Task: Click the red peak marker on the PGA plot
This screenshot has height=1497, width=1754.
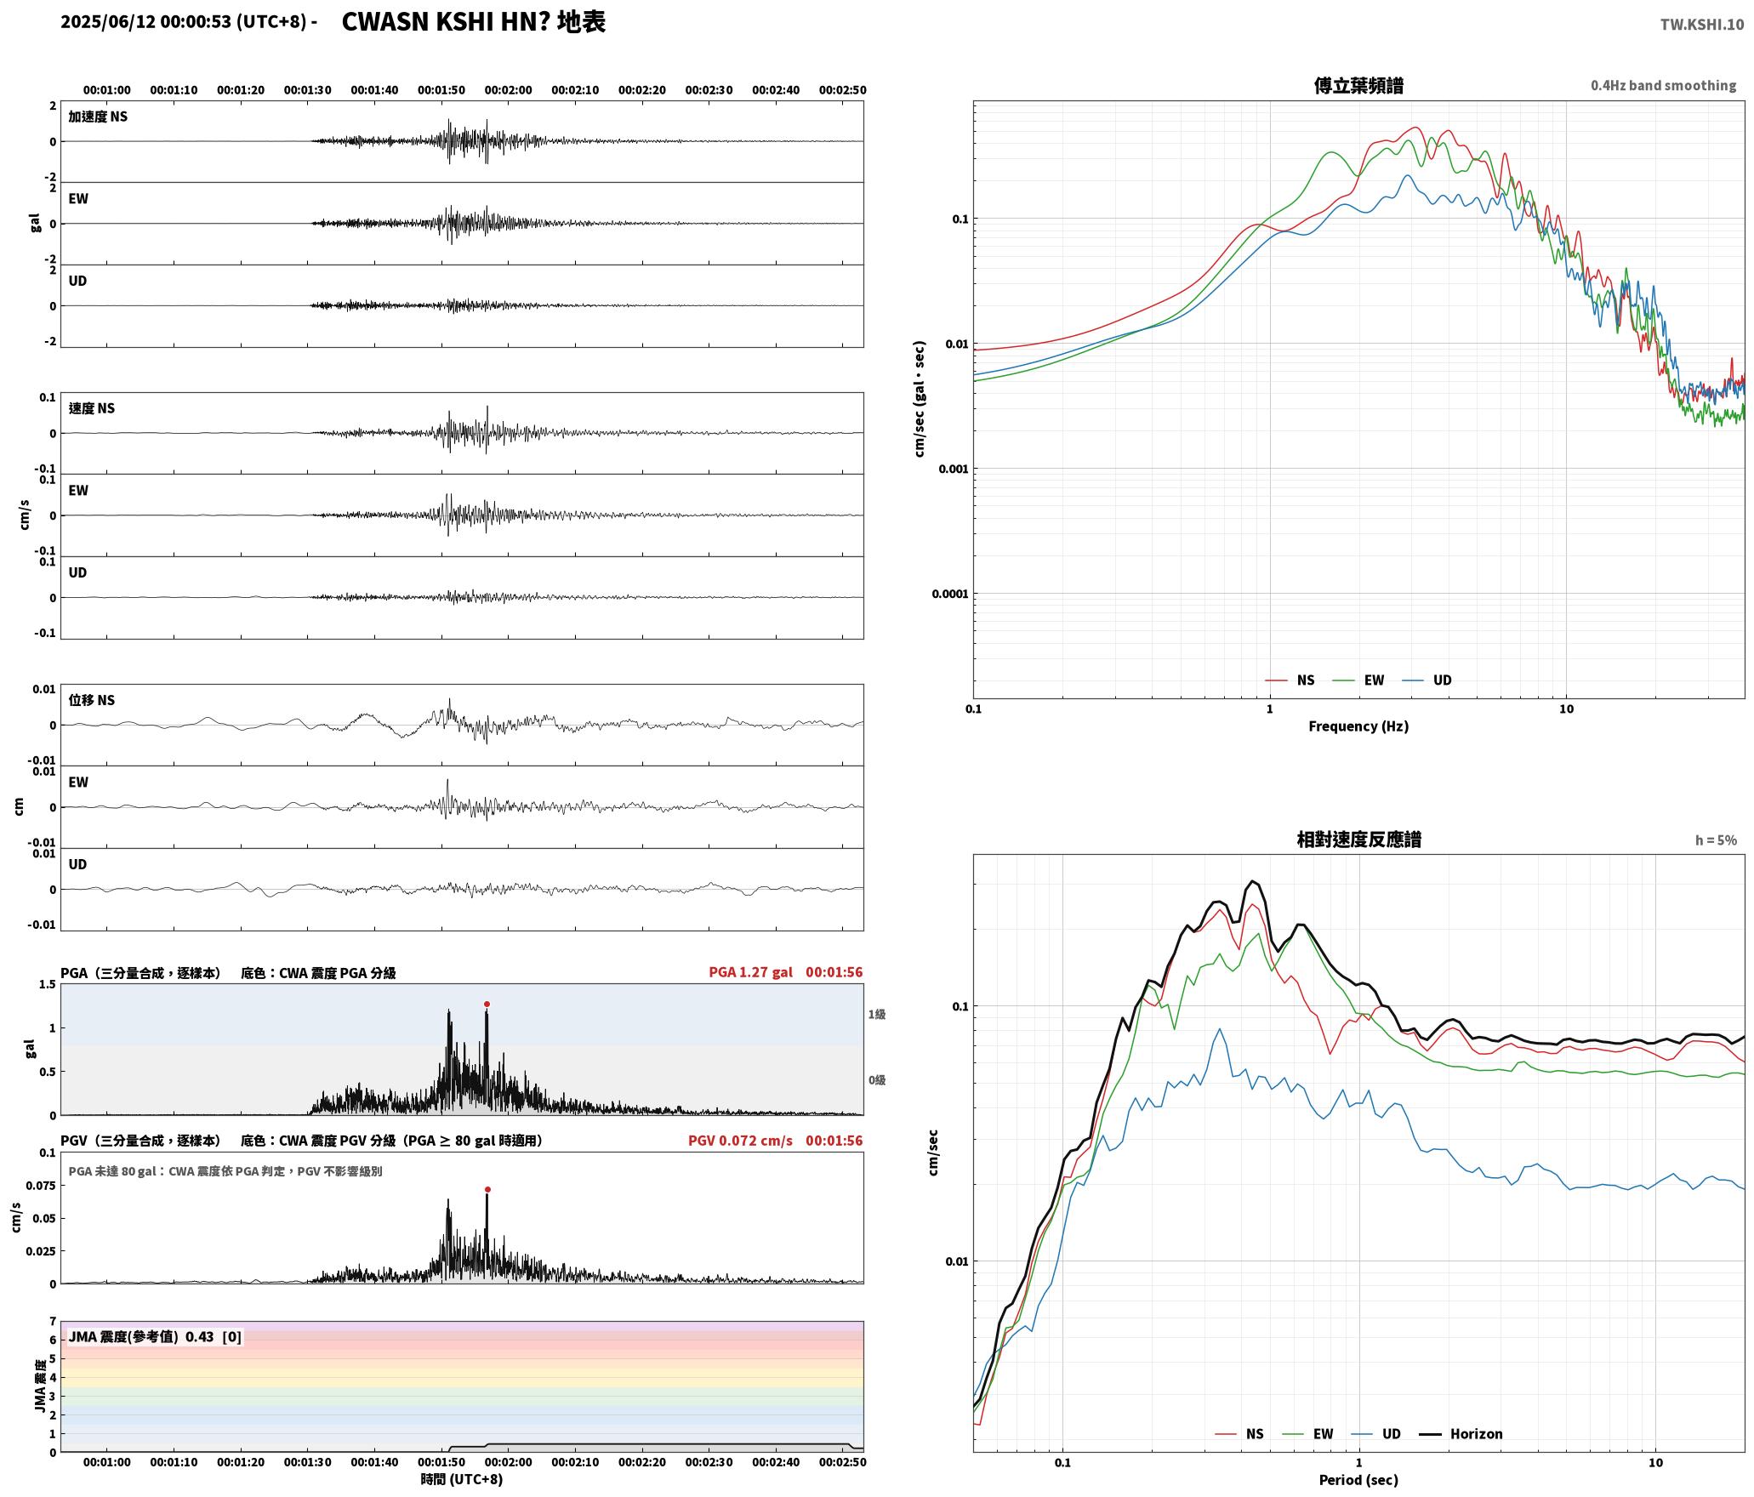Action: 487,1005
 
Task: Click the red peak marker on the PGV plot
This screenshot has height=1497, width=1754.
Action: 487,1190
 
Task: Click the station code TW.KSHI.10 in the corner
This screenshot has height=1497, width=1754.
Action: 1702,25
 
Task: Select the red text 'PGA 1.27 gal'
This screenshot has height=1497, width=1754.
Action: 750,972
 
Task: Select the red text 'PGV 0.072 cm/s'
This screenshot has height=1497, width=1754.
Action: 740,1141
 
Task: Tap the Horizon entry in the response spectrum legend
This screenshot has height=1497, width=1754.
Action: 1461,1434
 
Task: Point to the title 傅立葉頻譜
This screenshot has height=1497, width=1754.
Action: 1358,86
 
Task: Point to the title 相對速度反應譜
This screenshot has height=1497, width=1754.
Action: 1358,840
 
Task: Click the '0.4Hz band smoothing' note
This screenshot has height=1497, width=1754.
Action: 1664,86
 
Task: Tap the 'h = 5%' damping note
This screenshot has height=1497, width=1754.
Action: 1716,840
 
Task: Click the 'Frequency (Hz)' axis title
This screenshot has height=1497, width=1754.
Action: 1358,726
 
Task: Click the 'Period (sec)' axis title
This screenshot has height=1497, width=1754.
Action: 1358,1480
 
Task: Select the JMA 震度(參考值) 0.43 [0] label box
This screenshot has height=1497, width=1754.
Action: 155,1337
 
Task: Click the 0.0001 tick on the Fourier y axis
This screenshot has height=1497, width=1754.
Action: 949,594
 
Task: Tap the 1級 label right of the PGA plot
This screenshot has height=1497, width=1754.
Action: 877,1014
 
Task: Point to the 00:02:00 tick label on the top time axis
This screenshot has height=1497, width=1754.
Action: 508,90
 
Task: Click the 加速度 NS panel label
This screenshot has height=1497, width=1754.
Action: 98,117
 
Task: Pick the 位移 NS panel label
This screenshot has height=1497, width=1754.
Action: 92,700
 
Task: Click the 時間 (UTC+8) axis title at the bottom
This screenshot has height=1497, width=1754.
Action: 462,1479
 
